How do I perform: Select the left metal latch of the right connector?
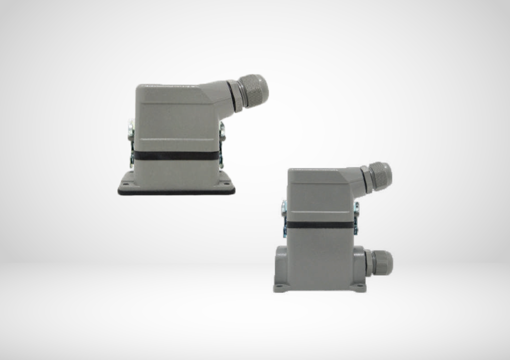coord(284,218)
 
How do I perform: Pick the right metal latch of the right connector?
coord(356,218)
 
